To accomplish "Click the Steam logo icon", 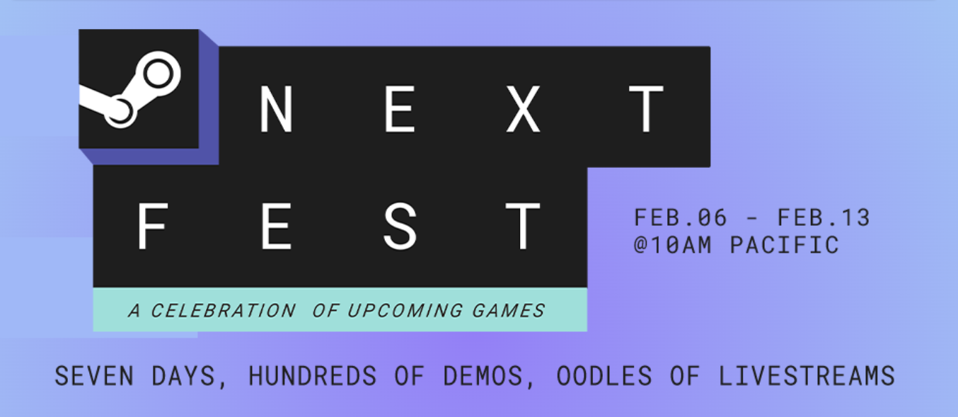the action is click(x=139, y=89).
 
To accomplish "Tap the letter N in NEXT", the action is click(x=276, y=109).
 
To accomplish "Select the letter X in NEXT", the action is click(x=523, y=109).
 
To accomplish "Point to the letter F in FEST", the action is click(x=153, y=226).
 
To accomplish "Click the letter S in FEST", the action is click(x=400, y=226).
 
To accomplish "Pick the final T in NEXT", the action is click(x=646, y=109).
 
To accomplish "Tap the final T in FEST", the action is click(x=523, y=226).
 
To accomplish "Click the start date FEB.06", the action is click(x=680, y=217).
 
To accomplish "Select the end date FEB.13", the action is click(x=824, y=217).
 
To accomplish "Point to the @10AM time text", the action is click(x=672, y=245).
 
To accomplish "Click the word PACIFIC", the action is click(x=785, y=245).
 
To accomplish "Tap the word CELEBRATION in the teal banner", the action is click(x=223, y=310).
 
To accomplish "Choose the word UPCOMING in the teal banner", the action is click(x=405, y=310).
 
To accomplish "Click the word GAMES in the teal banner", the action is click(x=508, y=310).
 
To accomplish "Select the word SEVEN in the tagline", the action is click(x=94, y=376).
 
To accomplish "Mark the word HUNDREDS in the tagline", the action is click(x=312, y=376).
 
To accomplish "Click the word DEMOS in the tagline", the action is click(x=483, y=376).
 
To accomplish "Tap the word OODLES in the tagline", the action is click(x=604, y=376).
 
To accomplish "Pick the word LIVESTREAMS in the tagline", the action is click(x=807, y=376).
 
